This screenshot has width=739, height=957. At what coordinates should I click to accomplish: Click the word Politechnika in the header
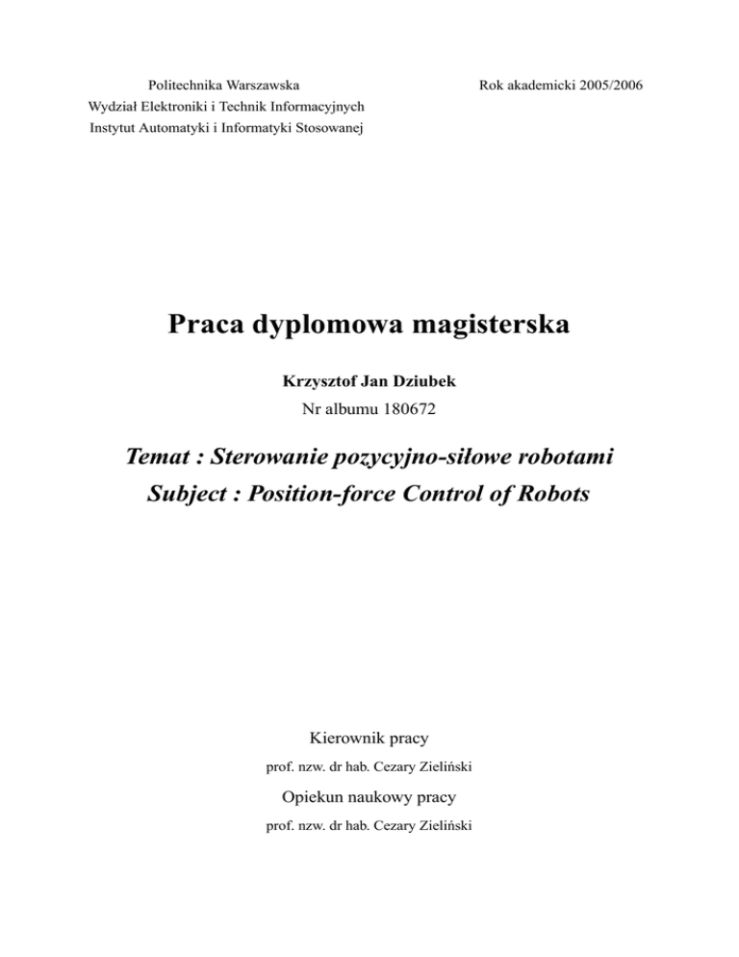pos(177,87)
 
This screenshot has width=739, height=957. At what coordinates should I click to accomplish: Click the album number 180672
pos(409,407)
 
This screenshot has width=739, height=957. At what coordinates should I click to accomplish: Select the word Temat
pos(163,457)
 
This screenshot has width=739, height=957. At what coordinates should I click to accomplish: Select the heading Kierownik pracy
pos(369,739)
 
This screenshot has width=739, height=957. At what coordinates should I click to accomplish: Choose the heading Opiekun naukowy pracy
pos(369,797)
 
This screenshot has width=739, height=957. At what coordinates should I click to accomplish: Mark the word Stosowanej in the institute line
pos(324,128)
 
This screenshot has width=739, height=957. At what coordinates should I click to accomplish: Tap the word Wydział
pos(114,107)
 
